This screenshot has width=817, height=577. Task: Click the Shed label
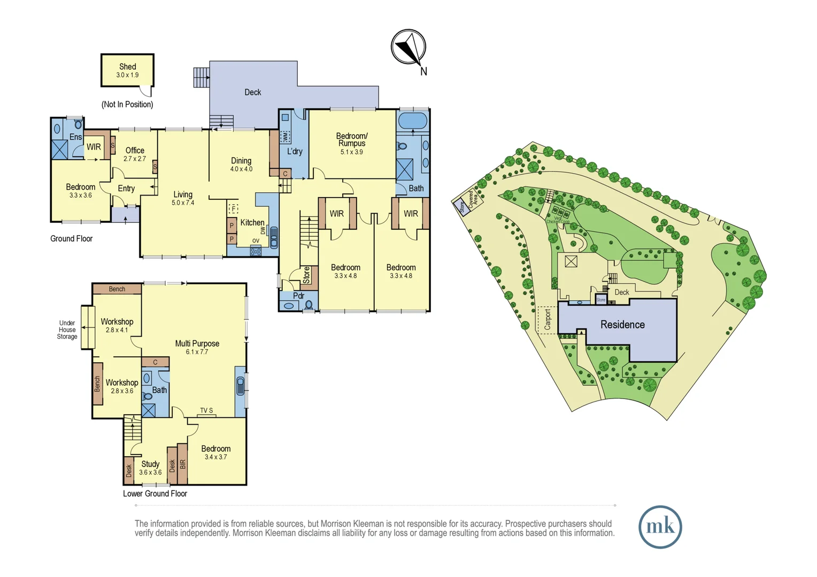(127, 67)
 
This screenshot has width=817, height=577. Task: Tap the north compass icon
(408, 48)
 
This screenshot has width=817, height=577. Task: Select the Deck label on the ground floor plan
(252, 92)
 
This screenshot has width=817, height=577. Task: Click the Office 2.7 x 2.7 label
(135, 154)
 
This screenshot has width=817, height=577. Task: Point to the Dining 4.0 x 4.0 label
(241, 164)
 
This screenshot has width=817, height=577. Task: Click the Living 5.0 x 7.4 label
(183, 198)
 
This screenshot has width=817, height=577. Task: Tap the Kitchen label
(252, 223)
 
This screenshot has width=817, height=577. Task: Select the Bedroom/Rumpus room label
(352, 140)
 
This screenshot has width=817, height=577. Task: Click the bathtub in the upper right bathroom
(413, 121)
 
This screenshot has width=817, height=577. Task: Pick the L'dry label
(295, 152)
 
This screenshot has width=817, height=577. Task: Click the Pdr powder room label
(298, 295)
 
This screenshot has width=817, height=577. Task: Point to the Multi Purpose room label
(197, 347)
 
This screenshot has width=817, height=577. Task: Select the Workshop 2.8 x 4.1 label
(117, 325)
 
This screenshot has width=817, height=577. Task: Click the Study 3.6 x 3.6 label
(150, 467)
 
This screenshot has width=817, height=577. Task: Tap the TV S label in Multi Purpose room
(206, 410)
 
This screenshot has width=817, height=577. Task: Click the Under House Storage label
(67, 330)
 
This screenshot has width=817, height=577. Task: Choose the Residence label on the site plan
(622, 325)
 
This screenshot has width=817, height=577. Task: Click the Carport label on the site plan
(547, 319)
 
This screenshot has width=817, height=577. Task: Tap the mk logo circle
(660, 527)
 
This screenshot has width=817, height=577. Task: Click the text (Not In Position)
(127, 105)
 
